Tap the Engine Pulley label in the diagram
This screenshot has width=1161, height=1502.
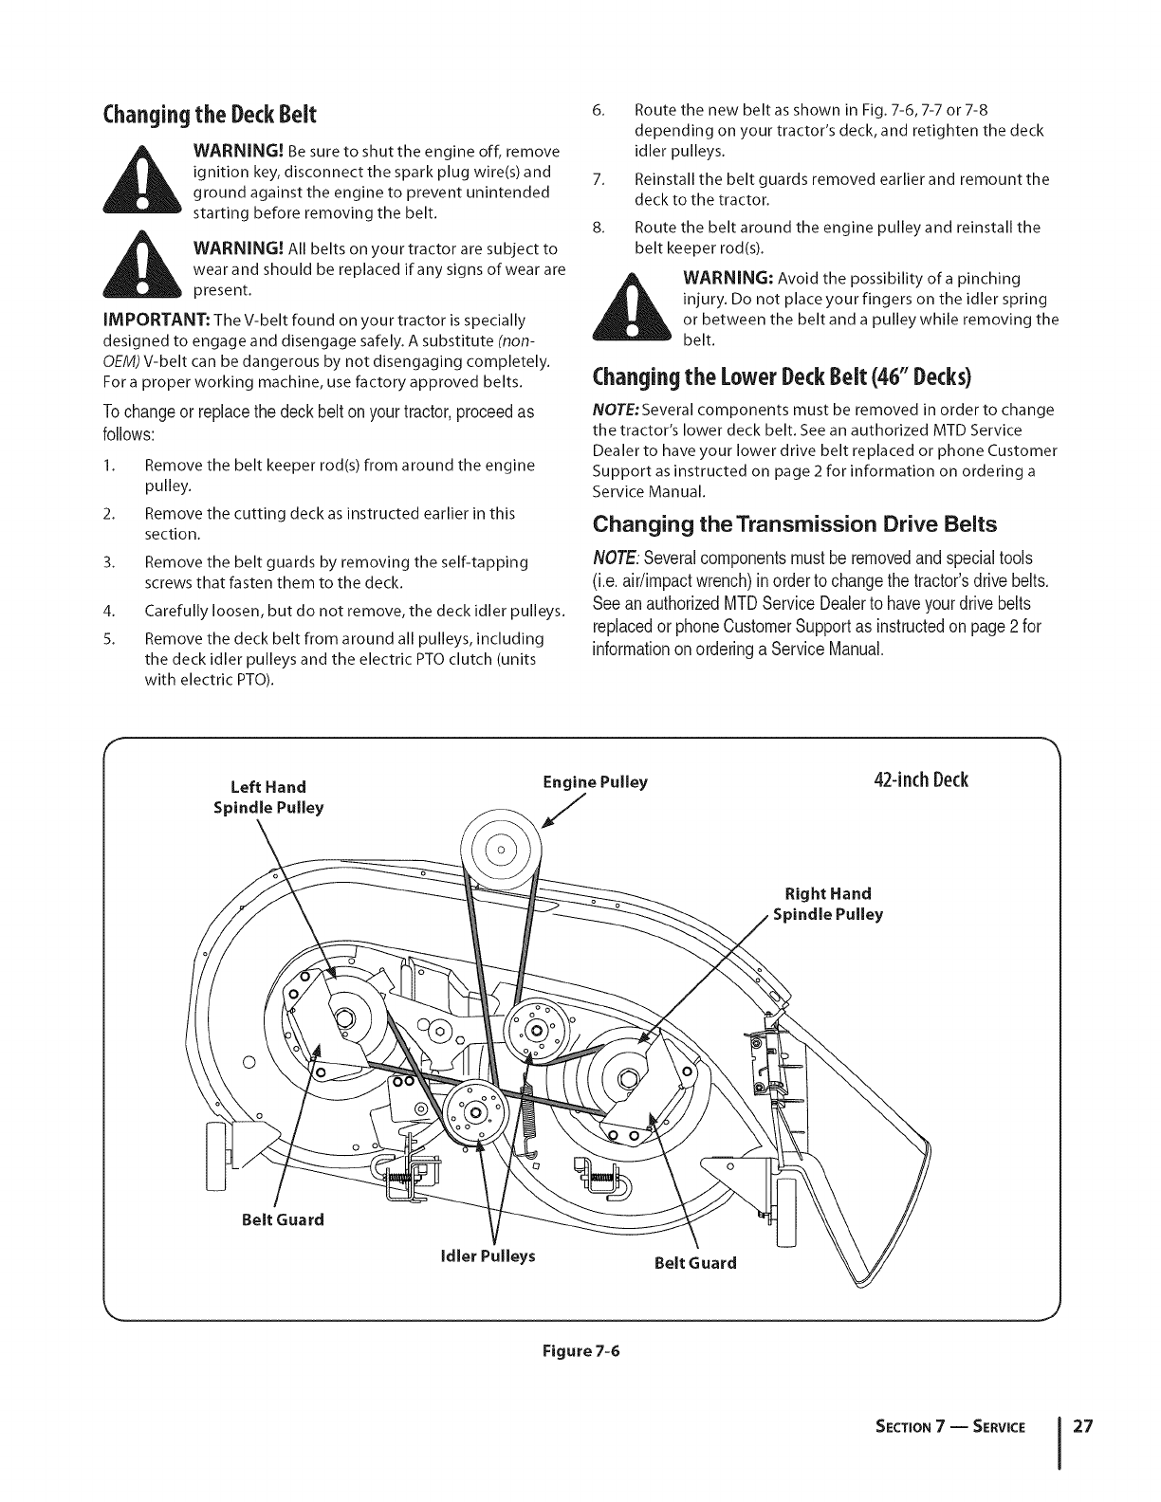click(x=595, y=782)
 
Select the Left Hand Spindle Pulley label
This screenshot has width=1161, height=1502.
click(x=268, y=797)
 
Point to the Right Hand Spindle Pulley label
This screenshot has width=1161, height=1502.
click(x=827, y=904)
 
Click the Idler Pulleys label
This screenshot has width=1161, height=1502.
click(x=488, y=1255)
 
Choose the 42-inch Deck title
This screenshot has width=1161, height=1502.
click(x=919, y=780)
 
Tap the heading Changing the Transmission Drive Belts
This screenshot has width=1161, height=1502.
click(x=795, y=523)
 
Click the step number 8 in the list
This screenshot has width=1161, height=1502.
click(x=598, y=228)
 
